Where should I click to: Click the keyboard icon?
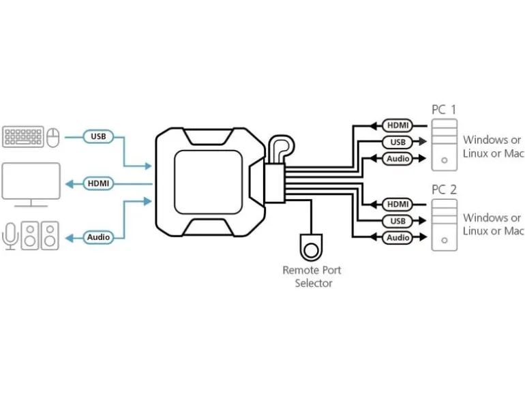point(23,136)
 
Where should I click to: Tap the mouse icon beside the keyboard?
point(53,137)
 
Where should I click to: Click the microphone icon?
point(10,236)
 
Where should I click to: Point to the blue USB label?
point(98,136)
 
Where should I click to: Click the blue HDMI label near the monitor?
point(98,183)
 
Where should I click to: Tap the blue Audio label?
point(98,237)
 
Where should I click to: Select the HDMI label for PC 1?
point(397,125)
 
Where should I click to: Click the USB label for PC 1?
point(397,142)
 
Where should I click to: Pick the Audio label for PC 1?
point(397,158)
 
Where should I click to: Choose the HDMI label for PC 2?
point(397,204)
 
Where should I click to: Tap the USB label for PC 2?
point(397,221)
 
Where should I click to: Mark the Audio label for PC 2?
point(397,237)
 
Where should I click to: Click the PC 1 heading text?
point(444,110)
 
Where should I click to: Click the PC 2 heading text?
point(444,190)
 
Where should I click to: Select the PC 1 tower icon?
point(445,145)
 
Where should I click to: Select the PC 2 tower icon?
point(445,225)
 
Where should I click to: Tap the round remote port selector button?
point(312,250)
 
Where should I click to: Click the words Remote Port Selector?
point(312,277)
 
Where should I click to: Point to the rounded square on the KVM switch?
point(208,182)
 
